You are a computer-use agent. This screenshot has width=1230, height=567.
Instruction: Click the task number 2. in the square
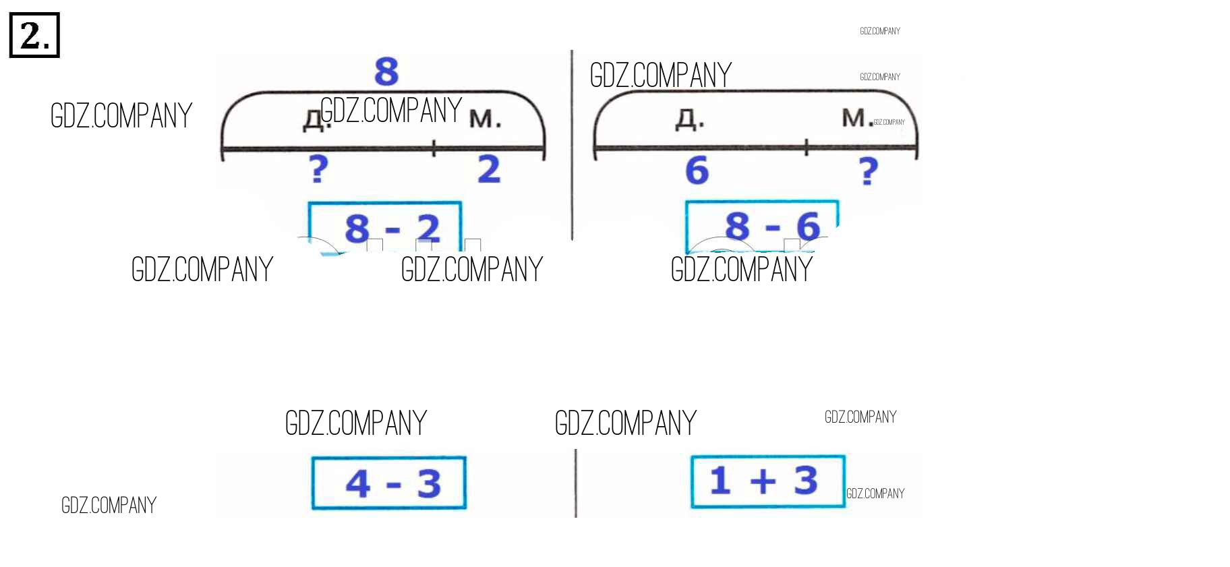34,35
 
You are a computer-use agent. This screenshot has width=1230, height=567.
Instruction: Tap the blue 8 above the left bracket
386,71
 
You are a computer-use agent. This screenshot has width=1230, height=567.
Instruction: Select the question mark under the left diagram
318,169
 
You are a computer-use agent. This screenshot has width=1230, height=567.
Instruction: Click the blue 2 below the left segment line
489,169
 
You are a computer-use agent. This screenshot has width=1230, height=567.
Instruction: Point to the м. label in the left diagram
485,119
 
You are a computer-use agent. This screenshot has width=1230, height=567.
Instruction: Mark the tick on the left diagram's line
434,148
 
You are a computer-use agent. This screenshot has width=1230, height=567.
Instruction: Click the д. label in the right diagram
690,119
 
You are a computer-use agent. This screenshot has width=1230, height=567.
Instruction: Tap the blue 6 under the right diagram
697,170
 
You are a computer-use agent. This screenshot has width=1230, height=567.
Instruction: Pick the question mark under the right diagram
869,171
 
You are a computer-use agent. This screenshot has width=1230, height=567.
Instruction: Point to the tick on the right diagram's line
807,148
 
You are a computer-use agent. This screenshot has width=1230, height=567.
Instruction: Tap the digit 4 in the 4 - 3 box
358,483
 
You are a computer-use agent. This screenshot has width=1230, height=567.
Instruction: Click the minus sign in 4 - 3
394,485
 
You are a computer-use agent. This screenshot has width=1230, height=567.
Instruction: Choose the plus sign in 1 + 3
763,481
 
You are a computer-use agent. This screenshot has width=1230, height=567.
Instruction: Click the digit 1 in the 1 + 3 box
720,481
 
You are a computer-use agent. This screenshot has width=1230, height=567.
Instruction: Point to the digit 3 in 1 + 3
805,481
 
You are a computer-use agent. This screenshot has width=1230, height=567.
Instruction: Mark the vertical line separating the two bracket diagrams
572,145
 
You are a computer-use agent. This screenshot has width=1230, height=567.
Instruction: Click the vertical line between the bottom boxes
576,483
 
